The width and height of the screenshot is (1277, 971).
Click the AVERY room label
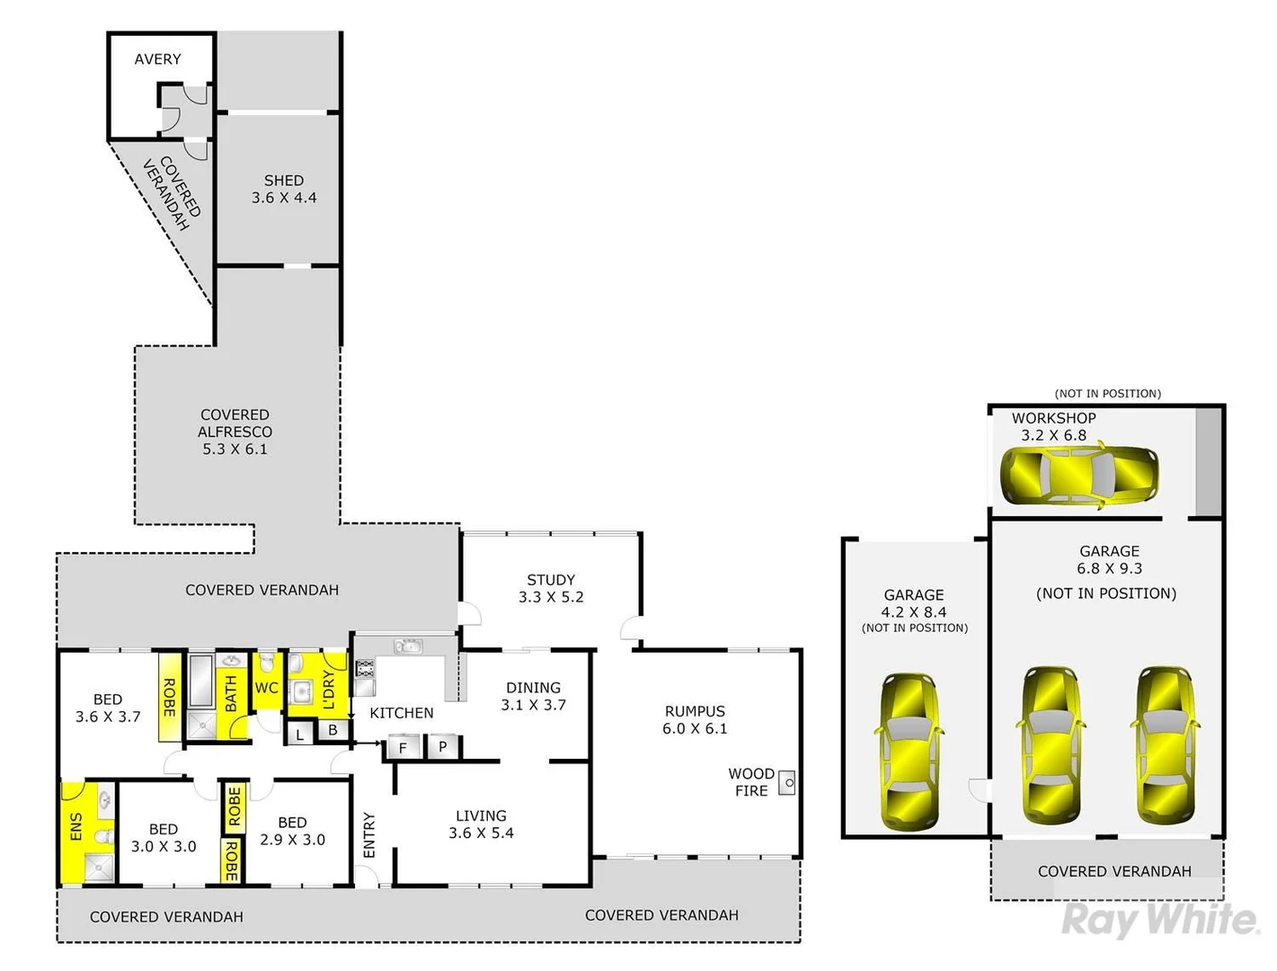[x=157, y=59]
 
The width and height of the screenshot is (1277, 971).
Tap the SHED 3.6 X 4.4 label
[x=284, y=189]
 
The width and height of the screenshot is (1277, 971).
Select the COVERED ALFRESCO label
[x=235, y=432]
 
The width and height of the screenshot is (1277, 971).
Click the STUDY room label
[x=551, y=588]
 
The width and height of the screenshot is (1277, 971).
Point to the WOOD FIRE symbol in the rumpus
[x=786, y=783]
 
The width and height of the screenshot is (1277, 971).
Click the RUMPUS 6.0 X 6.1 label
[x=695, y=720]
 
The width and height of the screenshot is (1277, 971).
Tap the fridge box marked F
[x=403, y=747]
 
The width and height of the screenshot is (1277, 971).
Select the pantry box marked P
[x=442, y=746]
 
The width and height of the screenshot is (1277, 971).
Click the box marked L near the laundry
[x=299, y=735]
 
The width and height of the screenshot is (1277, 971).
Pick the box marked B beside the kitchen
[x=333, y=730]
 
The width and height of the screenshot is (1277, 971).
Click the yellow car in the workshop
[x=1079, y=473]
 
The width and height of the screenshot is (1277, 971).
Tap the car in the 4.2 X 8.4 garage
[x=909, y=752]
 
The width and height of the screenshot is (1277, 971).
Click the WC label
[x=267, y=688]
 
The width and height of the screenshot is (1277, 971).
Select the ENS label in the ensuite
[x=75, y=827]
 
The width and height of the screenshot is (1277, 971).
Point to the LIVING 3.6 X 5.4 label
[x=481, y=824]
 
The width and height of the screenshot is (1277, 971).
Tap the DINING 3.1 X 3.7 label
[x=533, y=696]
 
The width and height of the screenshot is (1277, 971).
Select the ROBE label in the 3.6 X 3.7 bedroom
[x=168, y=697]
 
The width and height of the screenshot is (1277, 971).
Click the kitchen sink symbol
[x=408, y=646]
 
